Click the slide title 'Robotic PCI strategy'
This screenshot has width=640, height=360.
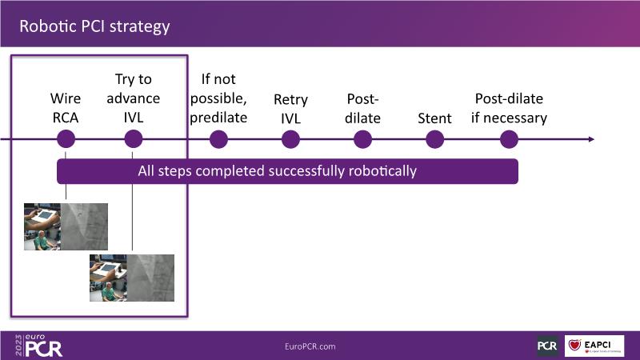coord(94,26)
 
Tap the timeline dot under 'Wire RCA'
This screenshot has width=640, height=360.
coord(66,139)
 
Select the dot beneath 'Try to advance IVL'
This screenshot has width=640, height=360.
coord(134,139)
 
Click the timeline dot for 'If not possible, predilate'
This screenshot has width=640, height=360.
coord(218,139)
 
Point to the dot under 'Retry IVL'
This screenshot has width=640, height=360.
coord(290,139)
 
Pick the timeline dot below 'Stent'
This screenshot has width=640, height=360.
coord(434,139)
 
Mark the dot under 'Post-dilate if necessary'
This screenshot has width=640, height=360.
coord(509,139)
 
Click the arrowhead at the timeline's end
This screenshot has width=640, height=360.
coord(591,139)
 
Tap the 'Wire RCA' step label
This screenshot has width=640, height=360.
coord(66,109)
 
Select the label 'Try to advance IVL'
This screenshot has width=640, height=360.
coord(133,98)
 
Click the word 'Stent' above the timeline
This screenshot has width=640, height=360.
coord(434,118)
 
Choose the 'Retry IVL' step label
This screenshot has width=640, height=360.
coord(290,109)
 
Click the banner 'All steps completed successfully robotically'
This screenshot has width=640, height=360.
coord(287,170)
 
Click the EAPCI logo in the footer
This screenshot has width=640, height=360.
coord(594,346)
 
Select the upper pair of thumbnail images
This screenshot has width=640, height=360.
coord(66,226)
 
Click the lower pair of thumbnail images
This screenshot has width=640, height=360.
coord(132,278)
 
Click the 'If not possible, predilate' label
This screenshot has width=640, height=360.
coord(218,98)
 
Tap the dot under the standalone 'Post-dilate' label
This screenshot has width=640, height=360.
coord(362,139)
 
